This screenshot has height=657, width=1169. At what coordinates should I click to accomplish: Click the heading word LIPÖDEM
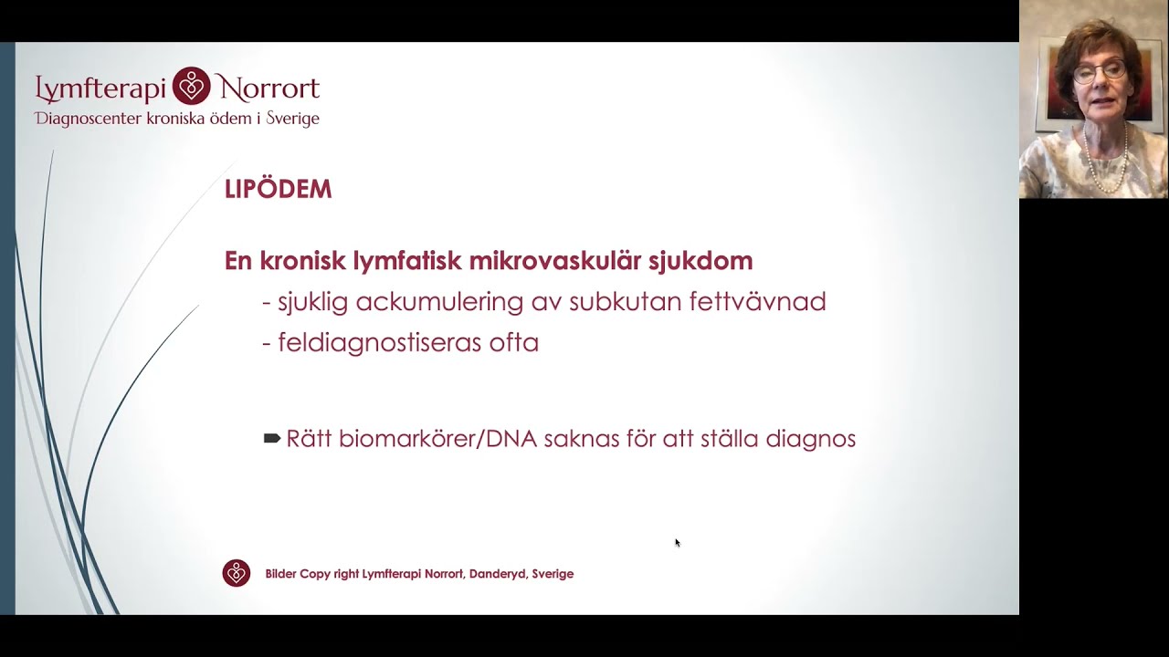[278, 190]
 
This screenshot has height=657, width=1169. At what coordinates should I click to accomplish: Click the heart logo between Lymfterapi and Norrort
[192, 87]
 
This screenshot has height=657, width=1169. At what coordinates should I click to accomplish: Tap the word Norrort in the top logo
[268, 89]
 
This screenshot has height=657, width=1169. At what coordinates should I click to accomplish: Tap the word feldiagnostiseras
[383, 343]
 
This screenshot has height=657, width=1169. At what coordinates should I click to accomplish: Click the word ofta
[514, 343]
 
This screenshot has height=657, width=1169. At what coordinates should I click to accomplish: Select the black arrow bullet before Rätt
[271, 439]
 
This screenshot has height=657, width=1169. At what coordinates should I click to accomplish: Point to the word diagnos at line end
[810, 439]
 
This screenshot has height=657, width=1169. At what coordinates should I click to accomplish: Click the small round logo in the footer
[237, 573]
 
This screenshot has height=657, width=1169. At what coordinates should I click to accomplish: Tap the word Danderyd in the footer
[498, 574]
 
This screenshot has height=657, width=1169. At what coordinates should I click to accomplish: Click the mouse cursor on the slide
[678, 543]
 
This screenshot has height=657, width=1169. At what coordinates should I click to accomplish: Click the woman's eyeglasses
[1100, 71]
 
